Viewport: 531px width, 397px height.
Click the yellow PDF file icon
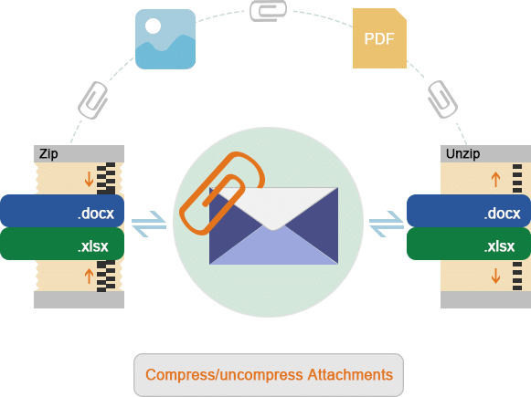pos(379,38)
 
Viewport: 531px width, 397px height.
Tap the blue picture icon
pos(165,39)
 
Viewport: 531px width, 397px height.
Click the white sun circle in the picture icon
pos(153,26)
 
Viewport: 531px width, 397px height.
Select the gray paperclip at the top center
pos(268,11)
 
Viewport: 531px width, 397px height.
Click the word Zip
pos(48,154)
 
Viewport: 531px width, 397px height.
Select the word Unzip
pos(462,154)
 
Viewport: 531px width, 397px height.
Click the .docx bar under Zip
pos(62,211)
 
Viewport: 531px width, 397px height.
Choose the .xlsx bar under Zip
pos(62,244)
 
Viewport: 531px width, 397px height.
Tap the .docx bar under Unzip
pos(469,211)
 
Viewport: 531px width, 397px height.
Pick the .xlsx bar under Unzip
pos(469,244)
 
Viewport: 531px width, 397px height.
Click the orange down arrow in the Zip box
pos(89,179)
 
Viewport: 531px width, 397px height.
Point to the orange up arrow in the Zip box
pos(89,276)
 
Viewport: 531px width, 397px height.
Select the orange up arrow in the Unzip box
pos(495,179)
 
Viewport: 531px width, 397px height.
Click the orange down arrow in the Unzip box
pos(495,276)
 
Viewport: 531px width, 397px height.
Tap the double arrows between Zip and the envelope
pos(149,224)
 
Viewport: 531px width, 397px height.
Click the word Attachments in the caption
pos(350,375)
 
